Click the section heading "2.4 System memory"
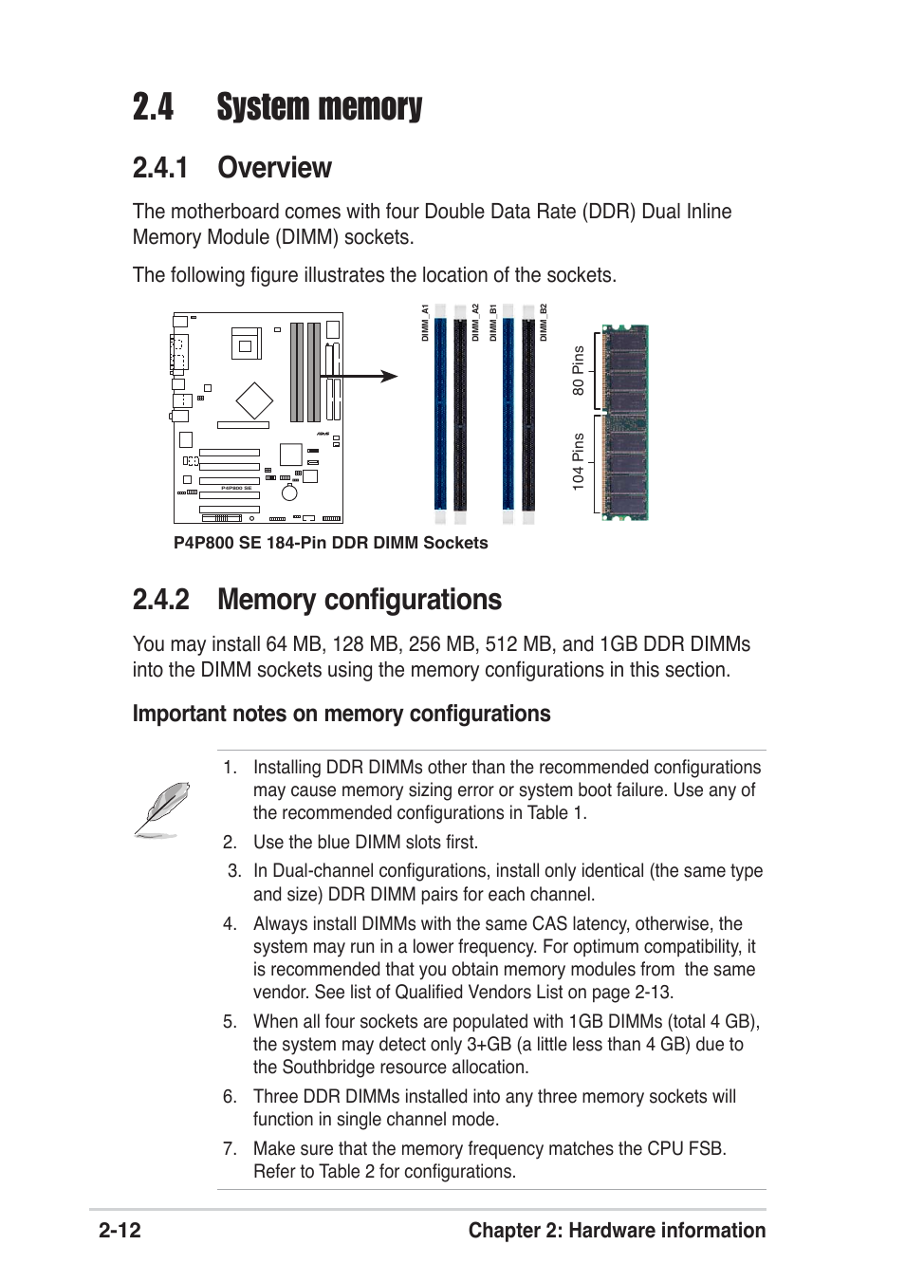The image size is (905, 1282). pyautogui.click(x=277, y=107)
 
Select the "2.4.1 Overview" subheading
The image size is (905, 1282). pyautogui.click(x=231, y=168)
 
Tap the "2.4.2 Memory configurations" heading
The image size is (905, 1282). pyautogui.click(x=317, y=600)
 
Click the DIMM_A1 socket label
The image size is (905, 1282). pyautogui.click(x=426, y=324)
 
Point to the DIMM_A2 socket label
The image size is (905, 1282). pyautogui.click(x=475, y=324)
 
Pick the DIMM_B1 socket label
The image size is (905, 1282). pyautogui.click(x=493, y=324)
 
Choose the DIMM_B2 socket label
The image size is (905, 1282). pyautogui.click(x=544, y=324)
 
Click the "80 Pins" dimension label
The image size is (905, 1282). pyautogui.click(x=578, y=371)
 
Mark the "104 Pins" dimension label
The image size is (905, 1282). pyautogui.click(x=578, y=462)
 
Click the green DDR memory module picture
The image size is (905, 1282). pyautogui.click(x=625, y=422)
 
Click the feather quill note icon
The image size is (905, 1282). pyautogui.click(x=162, y=808)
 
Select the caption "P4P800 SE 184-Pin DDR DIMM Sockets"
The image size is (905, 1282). pyautogui.click(x=330, y=543)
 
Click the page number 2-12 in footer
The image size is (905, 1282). pyautogui.click(x=120, y=1231)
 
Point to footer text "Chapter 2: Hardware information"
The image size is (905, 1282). pyautogui.click(x=617, y=1231)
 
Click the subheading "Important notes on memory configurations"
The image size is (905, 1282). pyautogui.click(x=342, y=714)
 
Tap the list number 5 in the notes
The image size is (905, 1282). pyautogui.click(x=230, y=1022)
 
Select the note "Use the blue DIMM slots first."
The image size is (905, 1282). pyautogui.click(x=365, y=843)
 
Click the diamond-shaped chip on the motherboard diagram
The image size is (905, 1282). pyautogui.click(x=254, y=400)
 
